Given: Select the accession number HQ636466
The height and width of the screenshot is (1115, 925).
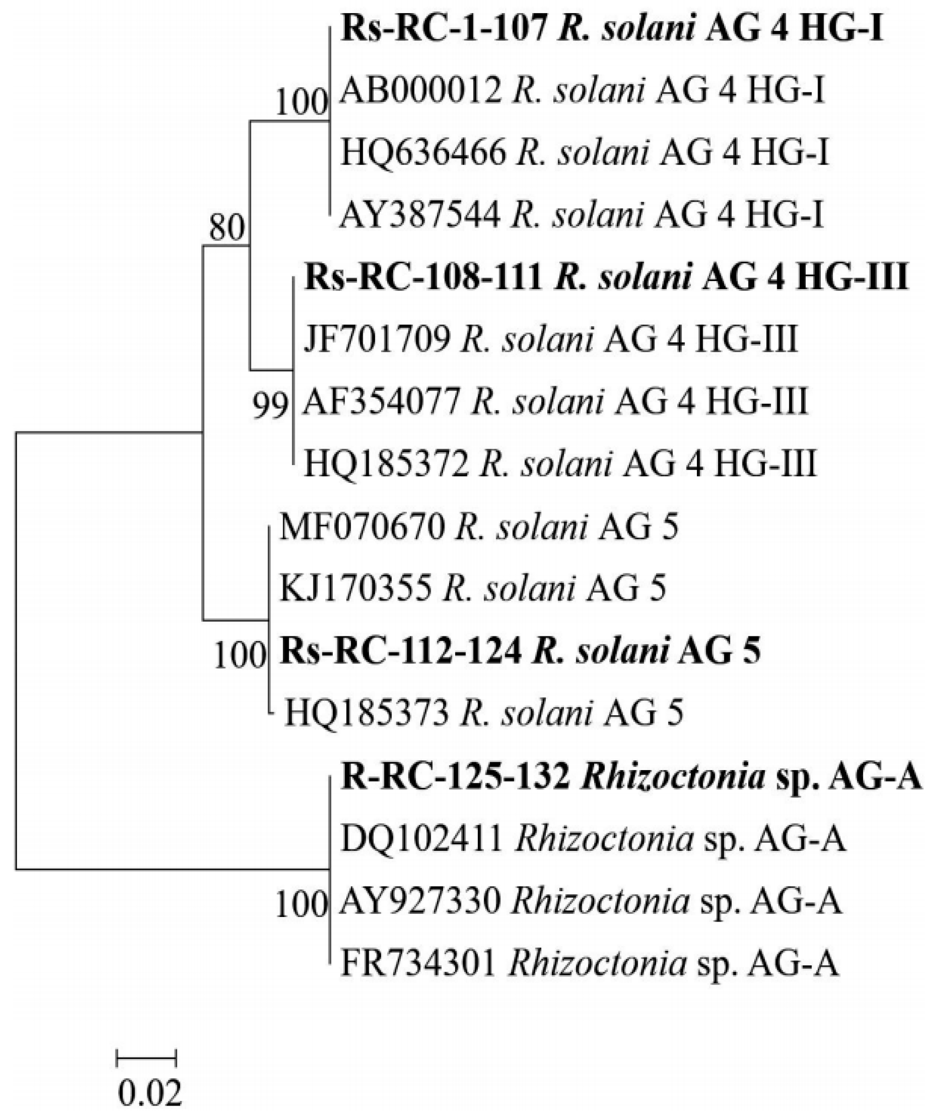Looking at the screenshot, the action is tap(423, 153).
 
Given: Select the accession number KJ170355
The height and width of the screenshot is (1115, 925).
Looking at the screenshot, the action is tap(355, 589).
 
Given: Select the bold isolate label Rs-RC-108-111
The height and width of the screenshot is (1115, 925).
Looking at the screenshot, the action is tap(423, 278).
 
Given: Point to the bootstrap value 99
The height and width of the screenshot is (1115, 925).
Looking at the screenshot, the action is tap(271, 408).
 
